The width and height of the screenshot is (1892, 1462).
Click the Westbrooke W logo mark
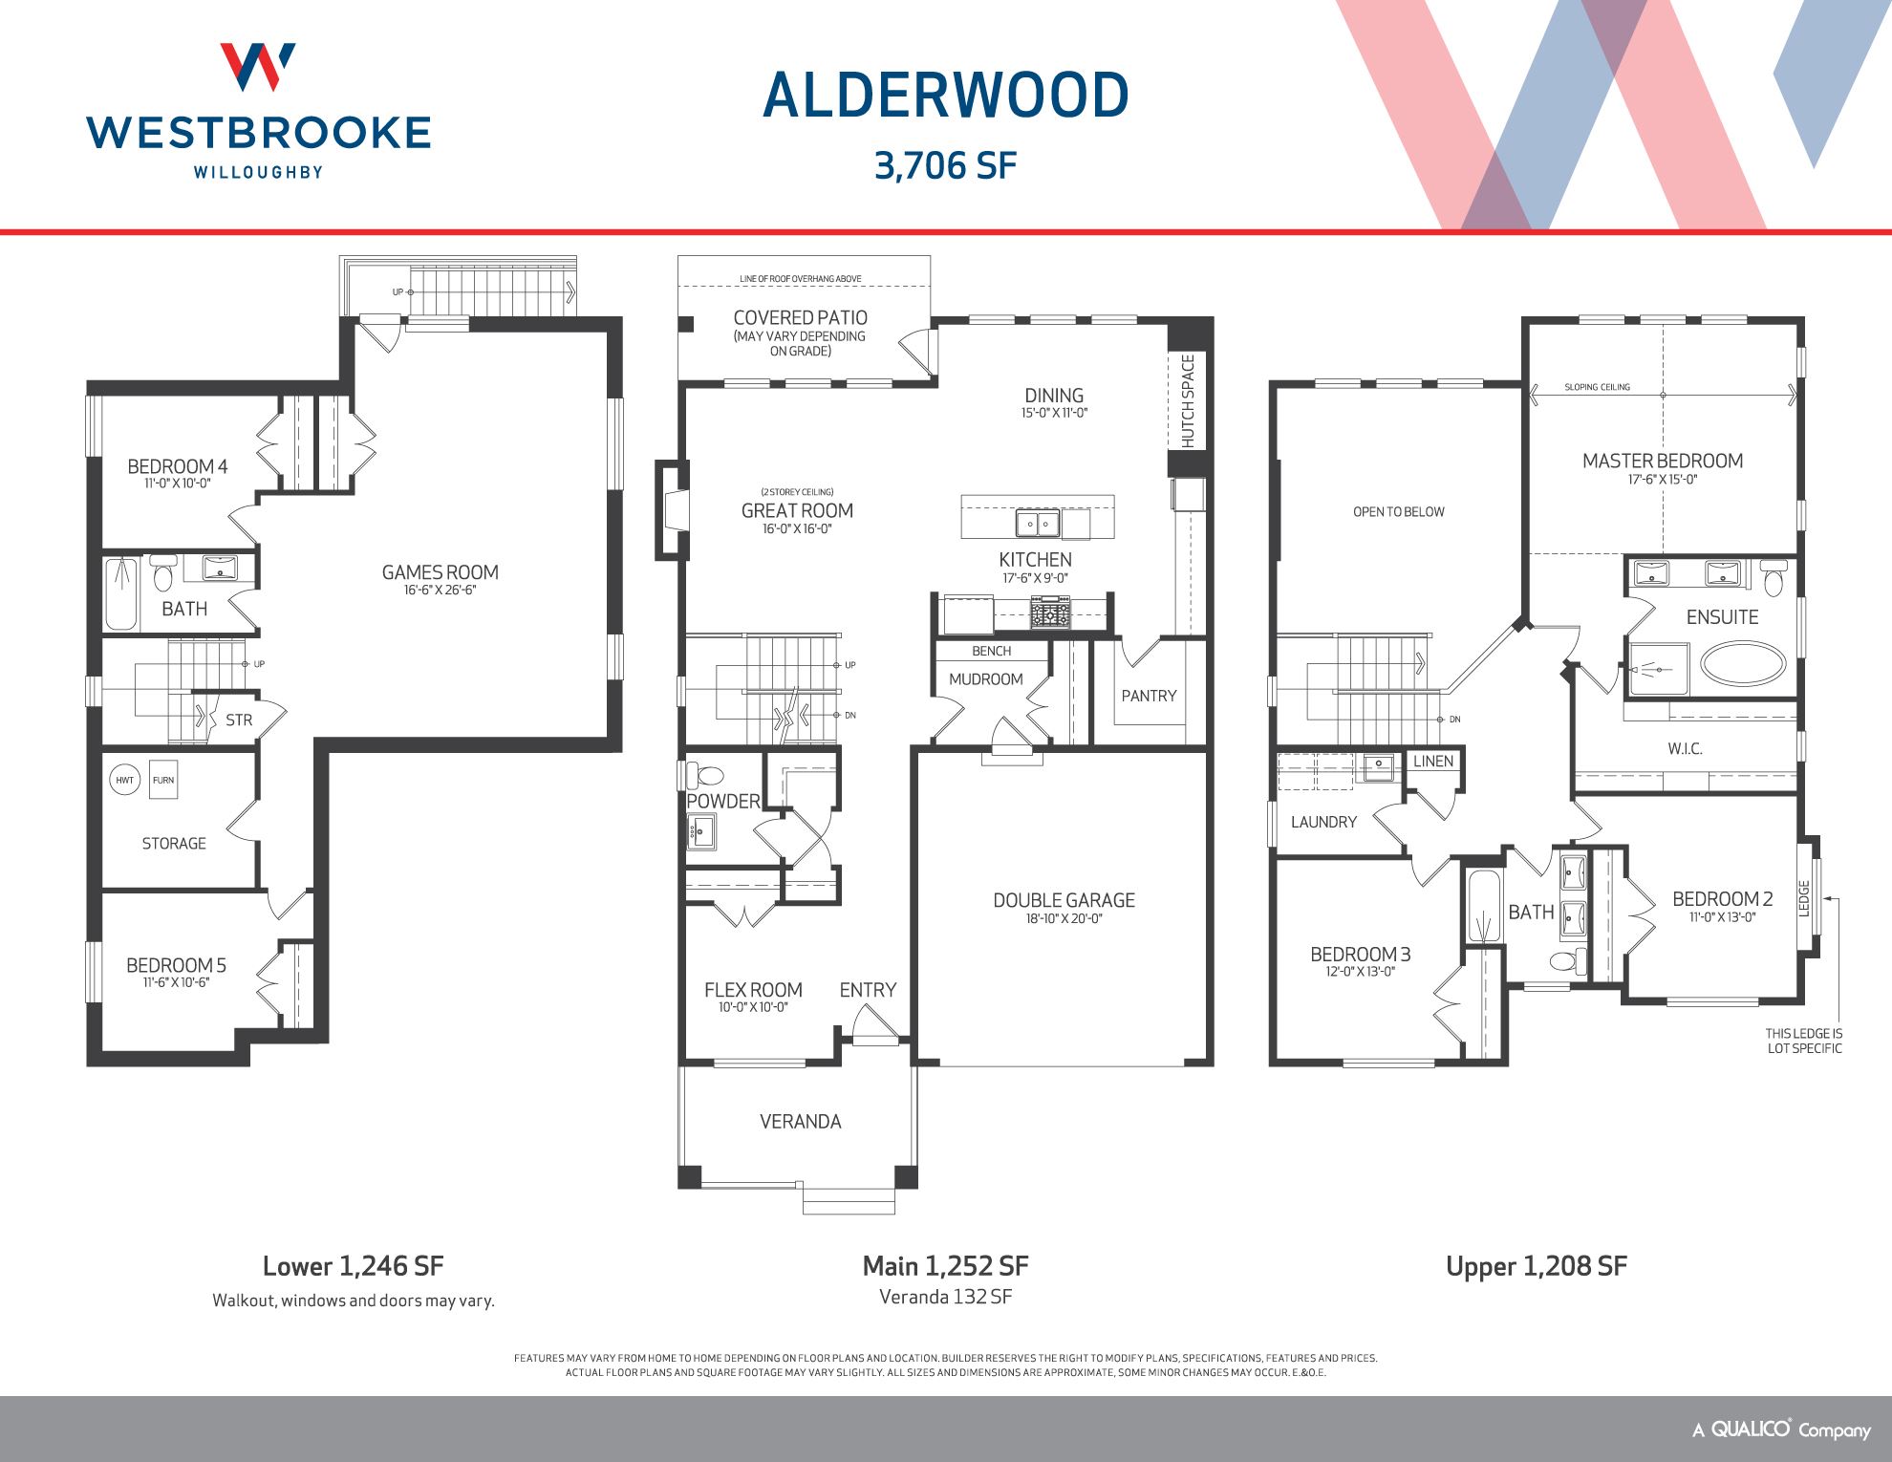[x=258, y=67]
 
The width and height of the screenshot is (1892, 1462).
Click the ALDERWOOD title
[x=946, y=97]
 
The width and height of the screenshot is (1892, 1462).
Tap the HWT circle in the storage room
[x=124, y=780]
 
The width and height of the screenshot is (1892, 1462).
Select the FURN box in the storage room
[x=163, y=780]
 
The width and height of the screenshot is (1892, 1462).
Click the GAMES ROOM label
[x=440, y=572]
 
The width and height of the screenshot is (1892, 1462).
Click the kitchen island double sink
[x=1037, y=524]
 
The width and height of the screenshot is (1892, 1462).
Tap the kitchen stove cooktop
[x=1050, y=612]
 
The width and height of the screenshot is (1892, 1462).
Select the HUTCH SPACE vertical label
[x=1188, y=401]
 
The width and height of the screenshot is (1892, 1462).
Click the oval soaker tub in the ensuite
[x=1743, y=663]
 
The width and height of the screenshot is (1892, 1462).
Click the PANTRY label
[x=1149, y=696]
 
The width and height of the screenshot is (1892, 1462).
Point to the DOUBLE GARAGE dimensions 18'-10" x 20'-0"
[x=1064, y=918]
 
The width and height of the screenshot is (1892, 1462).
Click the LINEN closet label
[x=1433, y=762]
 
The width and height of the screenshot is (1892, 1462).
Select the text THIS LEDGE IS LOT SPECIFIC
[x=1803, y=1041]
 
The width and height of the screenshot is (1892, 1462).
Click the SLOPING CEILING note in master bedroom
[x=1597, y=387]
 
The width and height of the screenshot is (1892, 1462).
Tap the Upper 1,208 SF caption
[x=1536, y=1266]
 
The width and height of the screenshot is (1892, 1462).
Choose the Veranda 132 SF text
[x=945, y=1297]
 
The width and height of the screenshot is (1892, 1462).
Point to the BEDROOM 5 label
[x=176, y=965]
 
